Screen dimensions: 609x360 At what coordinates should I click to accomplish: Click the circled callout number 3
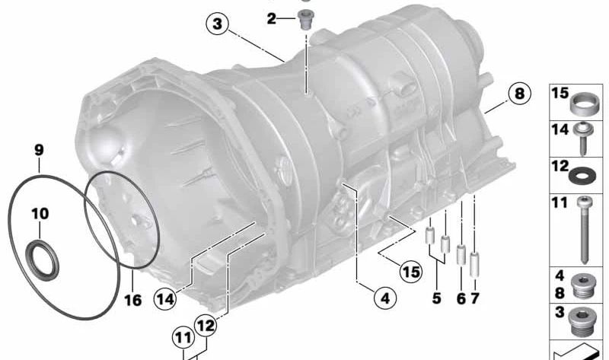click(x=217, y=24)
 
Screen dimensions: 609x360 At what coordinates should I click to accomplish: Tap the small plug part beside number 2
click(x=304, y=20)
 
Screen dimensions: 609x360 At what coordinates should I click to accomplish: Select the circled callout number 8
click(x=519, y=94)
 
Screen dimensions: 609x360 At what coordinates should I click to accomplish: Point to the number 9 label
click(x=39, y=150)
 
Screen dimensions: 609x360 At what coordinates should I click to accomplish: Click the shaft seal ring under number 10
click(x=43, y=260)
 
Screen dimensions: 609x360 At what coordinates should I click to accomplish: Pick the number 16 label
click(x=132, y=300)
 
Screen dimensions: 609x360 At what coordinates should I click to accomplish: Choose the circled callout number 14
click(x=165, y=299)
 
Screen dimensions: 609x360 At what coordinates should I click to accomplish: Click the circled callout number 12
click(x=206, y=326)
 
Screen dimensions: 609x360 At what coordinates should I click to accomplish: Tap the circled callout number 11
click(x=183, y=338)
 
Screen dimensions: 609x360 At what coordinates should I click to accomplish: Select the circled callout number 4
click(x=385, y=298)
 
